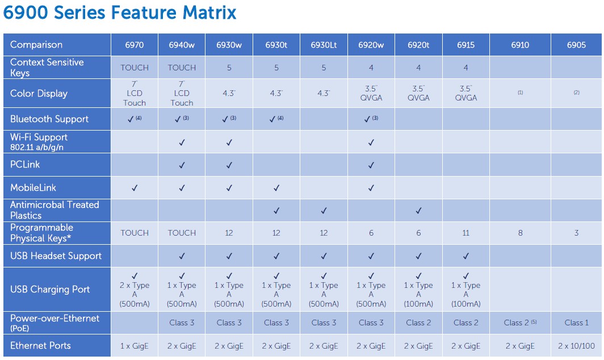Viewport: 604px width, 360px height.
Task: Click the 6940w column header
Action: click(x=182, y=45)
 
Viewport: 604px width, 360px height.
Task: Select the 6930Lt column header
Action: click(x=324, y=45)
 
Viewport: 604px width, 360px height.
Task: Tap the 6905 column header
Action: click(x=576, y=45)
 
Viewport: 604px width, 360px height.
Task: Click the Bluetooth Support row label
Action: click(x=49, y=119)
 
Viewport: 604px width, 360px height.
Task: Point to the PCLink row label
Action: click(x=25, y=165)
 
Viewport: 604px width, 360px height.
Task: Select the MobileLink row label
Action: click(x=33, y=188)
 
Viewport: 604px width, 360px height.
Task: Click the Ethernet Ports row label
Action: click(x=40, y=345)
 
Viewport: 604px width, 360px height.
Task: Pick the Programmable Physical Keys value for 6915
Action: click(x=465, y=233)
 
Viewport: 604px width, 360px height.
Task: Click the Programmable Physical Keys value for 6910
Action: click(x=520, y=233)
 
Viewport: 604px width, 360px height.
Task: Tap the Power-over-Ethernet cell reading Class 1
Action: click(x=576, y=323)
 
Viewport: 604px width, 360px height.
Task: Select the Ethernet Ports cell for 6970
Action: click(x=134, y=346)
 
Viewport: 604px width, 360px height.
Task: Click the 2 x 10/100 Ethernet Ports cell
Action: click(x=576, y=346)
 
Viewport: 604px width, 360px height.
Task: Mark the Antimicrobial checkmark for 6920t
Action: click(x=418, y=211)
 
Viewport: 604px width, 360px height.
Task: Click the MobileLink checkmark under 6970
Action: click(x=134, y=188)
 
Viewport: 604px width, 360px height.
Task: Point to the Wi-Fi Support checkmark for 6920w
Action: click(x=371, y=142)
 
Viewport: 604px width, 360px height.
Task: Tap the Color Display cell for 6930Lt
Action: click(x=324, y=93)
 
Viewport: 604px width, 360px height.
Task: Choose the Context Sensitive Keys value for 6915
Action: click(x=465, y=68)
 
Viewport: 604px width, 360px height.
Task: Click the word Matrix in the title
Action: click(x=209, y=12)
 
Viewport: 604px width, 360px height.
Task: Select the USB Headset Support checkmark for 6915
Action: click(x=465, y=256)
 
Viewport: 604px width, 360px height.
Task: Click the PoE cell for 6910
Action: click(x=520, y=323)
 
